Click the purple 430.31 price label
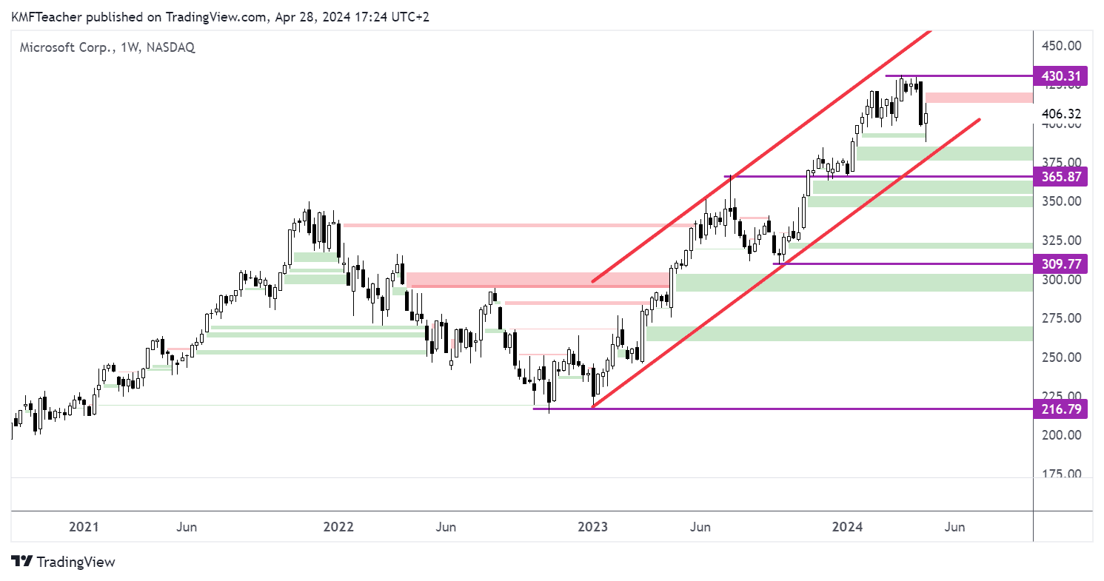1061,75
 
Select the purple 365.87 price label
1061,177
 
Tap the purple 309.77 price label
1061,263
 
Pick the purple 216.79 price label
1061,409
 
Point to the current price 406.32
1061,114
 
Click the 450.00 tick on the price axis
1061,46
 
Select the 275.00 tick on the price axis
1061,318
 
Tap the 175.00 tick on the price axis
1061,474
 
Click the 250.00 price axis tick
1061,357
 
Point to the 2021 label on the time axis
84,527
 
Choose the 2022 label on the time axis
338,527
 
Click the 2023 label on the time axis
593,527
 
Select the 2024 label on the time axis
847,527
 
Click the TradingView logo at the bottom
64,562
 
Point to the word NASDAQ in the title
171,47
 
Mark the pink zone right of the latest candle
979,98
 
